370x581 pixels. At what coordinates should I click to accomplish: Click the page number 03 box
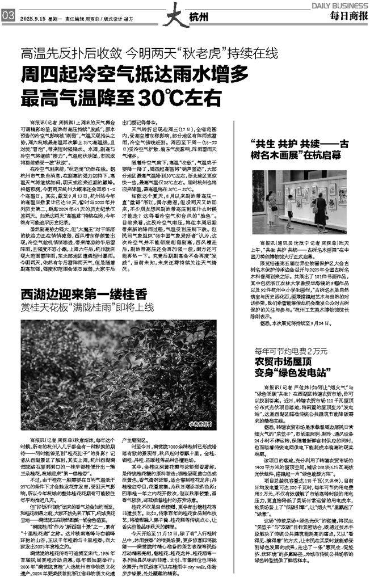tap(8, 17)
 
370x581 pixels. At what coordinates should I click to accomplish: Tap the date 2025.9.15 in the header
tap(33, 18)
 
